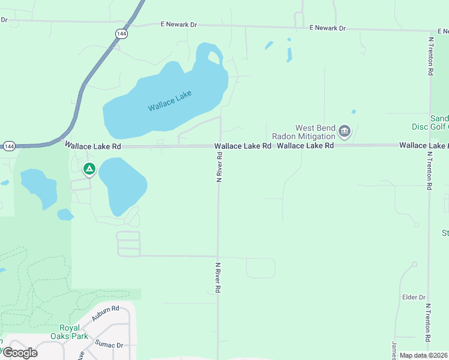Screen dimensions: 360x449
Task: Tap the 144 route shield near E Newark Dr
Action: point(122,34)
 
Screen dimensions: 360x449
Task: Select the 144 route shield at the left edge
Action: point(8,146)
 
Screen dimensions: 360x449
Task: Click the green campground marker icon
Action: point(89,170)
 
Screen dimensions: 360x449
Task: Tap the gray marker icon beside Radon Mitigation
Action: point(345,131)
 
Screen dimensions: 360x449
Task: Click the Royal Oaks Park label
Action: point(74,332)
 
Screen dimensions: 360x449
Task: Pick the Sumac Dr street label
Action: point(109,345)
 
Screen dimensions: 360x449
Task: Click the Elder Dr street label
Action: point(414,297)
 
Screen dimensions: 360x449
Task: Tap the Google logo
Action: point(19,353)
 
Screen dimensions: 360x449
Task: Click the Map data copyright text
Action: point(424,355)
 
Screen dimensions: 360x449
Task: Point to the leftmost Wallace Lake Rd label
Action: point(93,146)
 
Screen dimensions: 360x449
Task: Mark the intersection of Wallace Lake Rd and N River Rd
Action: point(220,146)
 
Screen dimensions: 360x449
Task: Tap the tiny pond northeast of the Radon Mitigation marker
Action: point(354,112)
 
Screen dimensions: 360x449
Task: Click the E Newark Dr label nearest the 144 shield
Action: point(178,25)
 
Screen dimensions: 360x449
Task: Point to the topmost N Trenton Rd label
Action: point(431,56)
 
